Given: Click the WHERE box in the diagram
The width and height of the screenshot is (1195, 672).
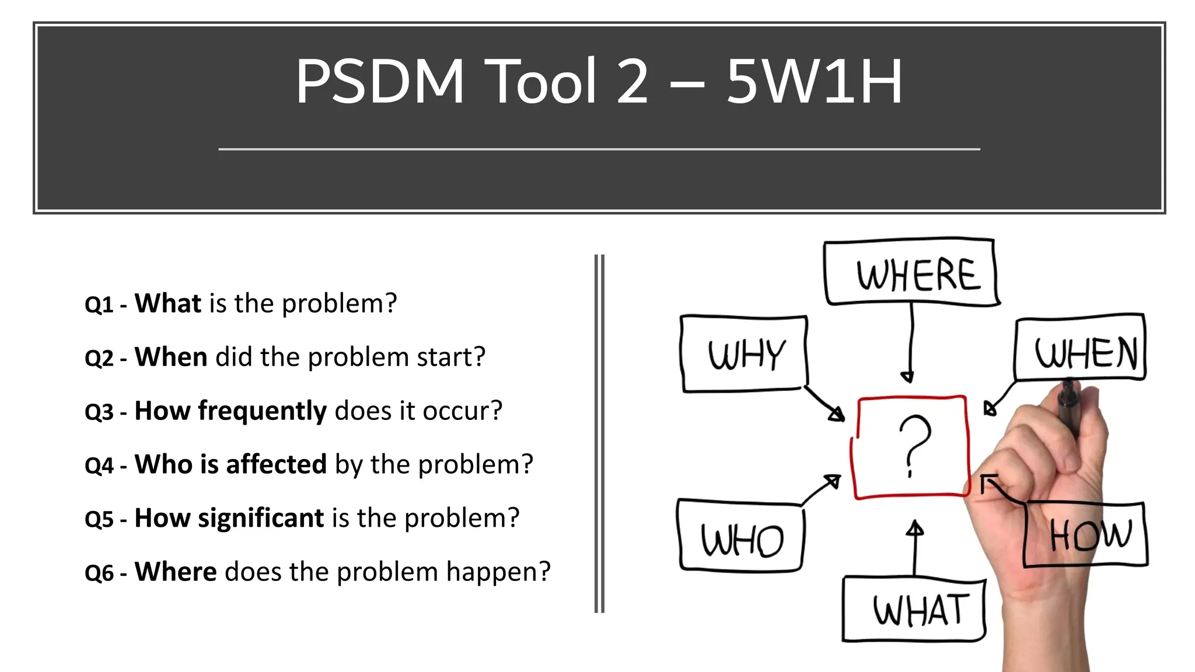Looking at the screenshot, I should coord(911,272).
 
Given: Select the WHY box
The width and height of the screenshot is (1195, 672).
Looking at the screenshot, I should coord(745,354).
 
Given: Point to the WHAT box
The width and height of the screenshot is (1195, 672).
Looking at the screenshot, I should coord(914,610).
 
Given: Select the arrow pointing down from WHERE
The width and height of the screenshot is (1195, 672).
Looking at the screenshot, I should coord(910,344).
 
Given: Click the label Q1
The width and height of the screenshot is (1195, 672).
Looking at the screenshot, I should coord(99,305).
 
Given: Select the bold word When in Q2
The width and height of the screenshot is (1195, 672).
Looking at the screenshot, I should coord(171,357).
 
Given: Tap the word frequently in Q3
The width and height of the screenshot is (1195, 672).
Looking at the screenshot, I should coord(262,411).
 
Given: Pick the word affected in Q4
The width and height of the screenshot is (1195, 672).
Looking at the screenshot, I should coord(276,465).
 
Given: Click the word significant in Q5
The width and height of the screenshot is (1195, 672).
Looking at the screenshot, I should coord(261,519).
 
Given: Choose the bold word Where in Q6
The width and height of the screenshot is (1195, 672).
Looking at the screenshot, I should coord(176,572).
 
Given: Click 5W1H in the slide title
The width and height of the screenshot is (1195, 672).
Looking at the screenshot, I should coord(814,82).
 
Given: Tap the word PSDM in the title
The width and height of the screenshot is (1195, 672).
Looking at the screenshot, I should coord(380,82).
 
